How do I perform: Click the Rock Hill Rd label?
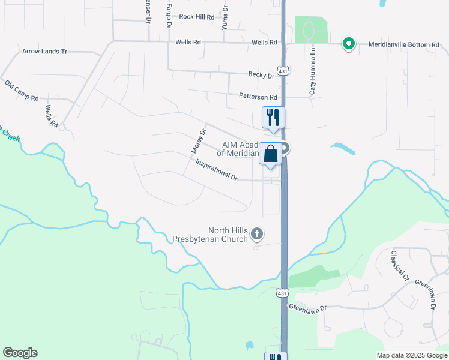click(x=196, y=17)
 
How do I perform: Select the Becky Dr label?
click(x=261, y=75)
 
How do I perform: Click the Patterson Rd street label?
click(x=258, y=97)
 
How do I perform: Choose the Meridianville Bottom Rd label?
click(x=404, y=44)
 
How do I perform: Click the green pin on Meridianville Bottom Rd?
click(x=348, y=44)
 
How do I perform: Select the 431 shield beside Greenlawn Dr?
click(x=282, y=293)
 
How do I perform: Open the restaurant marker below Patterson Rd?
click(x=273, y=116)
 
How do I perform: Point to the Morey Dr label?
click(x=199, y=140)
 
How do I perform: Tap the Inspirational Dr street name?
click(x=217, y=170)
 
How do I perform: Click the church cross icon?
click(x=257, y=233)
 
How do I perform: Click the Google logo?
click(x=20, y=353)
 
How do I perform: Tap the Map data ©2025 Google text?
click(x=411, y=355)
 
